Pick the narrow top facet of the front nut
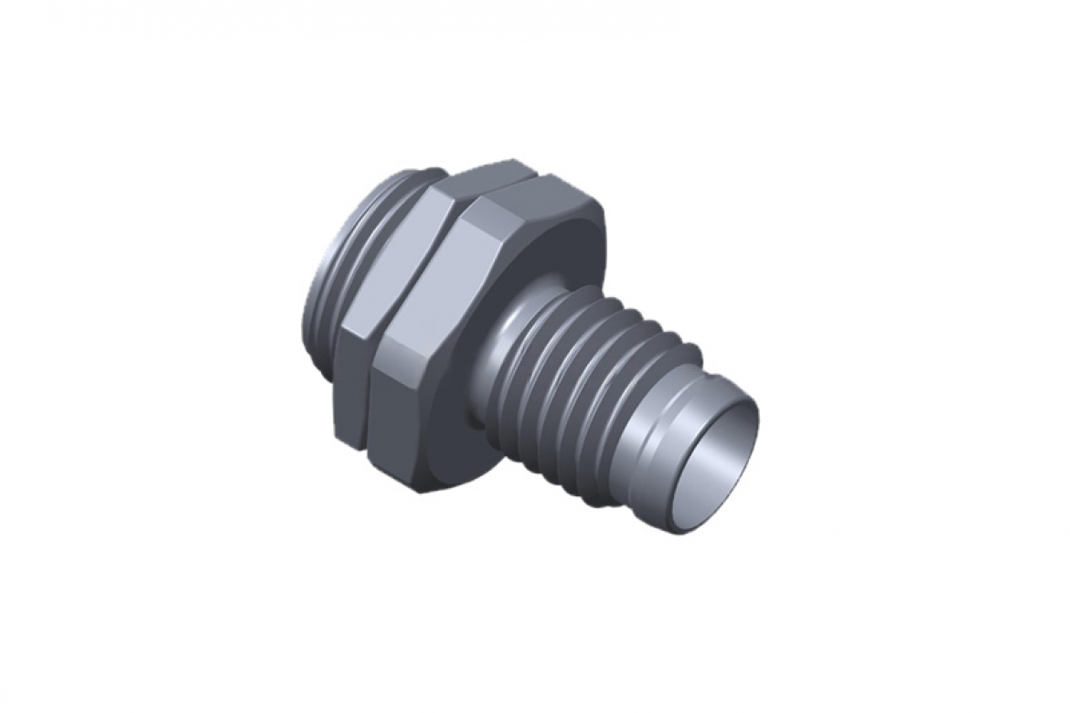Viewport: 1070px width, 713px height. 530,183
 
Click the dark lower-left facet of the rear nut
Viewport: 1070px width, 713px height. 352,393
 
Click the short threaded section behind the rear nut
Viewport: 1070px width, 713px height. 329,274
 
